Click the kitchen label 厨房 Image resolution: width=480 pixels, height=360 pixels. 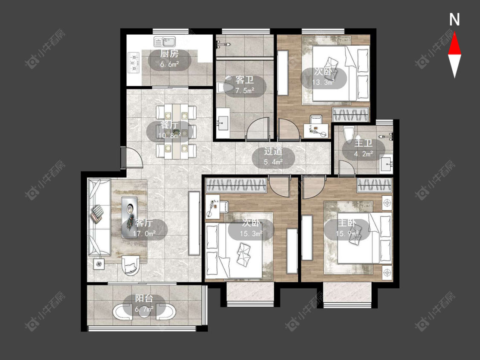pyautogui.click(x=169, y=54)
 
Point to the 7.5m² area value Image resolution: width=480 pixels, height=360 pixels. pyautogui.click(x=245, y=90)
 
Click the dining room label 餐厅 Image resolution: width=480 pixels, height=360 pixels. pyautogui.click(x=169, y=125)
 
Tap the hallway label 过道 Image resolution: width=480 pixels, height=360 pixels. pyautogui.click(x=273, y=151)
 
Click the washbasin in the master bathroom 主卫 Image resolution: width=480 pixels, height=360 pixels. pyautogui.click(x=386, y=164)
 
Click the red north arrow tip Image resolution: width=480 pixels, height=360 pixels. pyautogui.click(x=454, y=32)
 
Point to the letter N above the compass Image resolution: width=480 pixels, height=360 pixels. pyautogui.click(x=454, y=20)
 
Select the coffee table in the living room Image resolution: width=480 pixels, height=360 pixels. pyautogui.click(x=129, y=218)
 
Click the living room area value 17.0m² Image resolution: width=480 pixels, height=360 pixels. pyautogui.click(x=144, y=234)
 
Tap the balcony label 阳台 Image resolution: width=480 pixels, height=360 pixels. pyautogui.click(x=144, y=298)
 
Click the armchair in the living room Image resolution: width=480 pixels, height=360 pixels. pyautogui.click(x=131, y=265)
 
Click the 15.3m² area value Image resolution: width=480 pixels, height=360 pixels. pyautogui.click(x=251, y=234)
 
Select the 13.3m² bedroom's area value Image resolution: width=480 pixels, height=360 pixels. pyautogui.click(x=323, y=82)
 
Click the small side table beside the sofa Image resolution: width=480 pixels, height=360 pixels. pyautogui.click(x=99, y=264)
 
